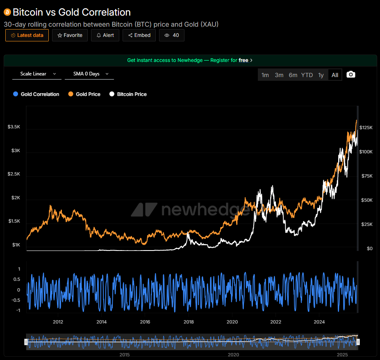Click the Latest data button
pos(27,35)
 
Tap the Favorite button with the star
pos(70,35)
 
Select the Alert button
pos(105,35)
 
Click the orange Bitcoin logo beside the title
pos(7,12)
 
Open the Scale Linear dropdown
pos(37,74)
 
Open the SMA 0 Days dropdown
pos(89,74)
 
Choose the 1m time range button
pos(265,75)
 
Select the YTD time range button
pos(307,75)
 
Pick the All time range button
pos(335,75)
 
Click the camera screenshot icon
pos(351,74)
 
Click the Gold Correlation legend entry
pos(36,94)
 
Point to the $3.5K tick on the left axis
pos(14,127)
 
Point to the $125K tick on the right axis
pos(366,128)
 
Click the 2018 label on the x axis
pos(189,321)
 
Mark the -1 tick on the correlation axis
pos(18,310)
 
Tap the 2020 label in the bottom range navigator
pos(233,354)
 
